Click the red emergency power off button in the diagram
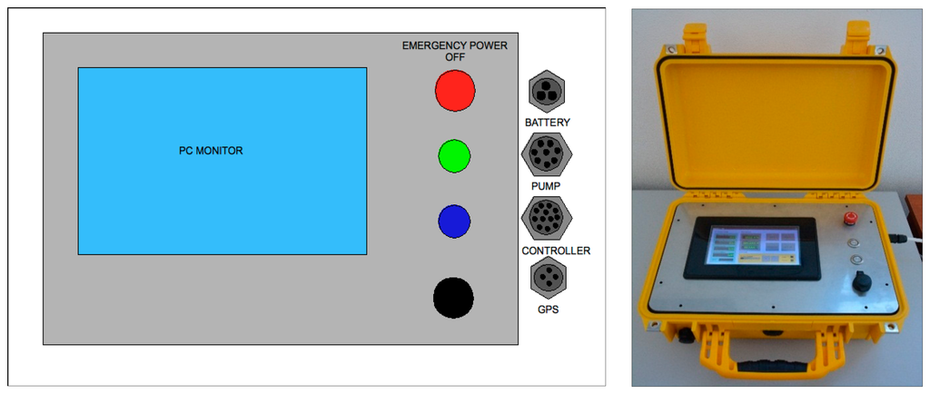[455, 91]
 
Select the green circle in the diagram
[454, 155]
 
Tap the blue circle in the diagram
[453, 221]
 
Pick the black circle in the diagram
[453, 298]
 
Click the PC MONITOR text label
[211, 151]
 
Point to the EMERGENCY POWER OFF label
[454, 51]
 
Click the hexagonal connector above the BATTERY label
[547, 92]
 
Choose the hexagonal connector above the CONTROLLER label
[546, 219]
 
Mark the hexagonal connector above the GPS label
[548, 278]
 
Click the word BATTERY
[548, 122]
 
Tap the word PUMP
[546, 186]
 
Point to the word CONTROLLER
[556, 251]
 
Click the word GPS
[548, 310]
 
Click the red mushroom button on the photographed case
[852, 219]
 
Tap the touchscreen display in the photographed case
[754, 247]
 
